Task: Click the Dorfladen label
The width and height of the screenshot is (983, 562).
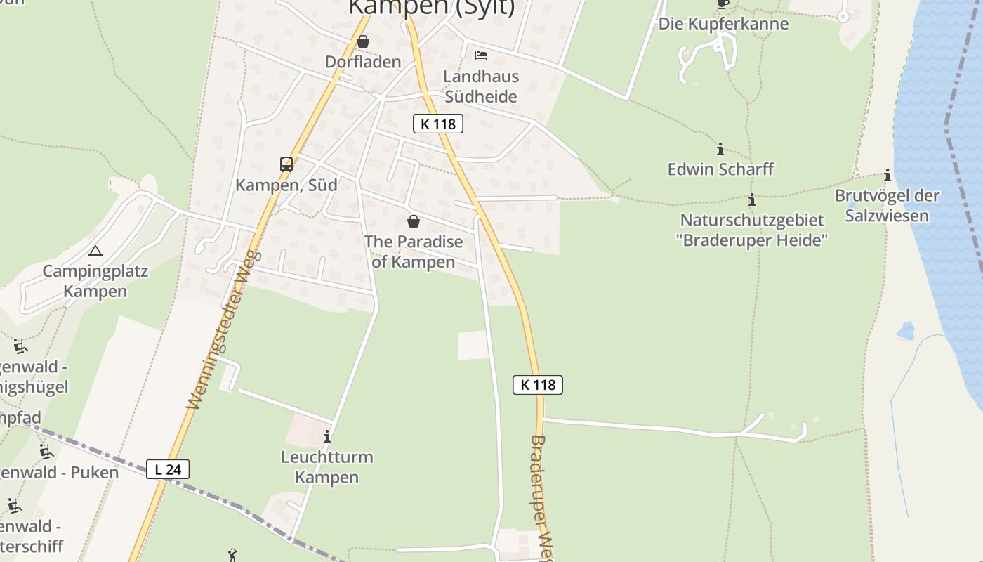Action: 362,62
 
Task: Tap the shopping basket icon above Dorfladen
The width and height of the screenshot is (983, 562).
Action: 363,42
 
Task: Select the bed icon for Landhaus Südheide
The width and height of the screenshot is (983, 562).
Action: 481,55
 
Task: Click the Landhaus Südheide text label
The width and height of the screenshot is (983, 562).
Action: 481,86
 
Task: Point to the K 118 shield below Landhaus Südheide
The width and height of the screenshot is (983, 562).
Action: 438,124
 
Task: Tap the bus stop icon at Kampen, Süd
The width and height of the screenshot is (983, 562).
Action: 286,164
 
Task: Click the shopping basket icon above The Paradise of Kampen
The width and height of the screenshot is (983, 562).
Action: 414,221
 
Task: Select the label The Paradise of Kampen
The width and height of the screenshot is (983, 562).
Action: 414,251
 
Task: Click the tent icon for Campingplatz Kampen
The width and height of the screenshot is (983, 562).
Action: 95,251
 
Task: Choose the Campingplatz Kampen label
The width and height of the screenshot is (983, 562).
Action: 95,281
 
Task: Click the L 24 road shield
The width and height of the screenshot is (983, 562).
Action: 168,469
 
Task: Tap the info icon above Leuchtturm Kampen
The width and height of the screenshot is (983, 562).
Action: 327,437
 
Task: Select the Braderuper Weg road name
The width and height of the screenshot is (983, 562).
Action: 540,495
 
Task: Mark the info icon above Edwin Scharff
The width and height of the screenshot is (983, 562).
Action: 720,149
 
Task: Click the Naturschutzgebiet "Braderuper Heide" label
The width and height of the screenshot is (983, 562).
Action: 752,230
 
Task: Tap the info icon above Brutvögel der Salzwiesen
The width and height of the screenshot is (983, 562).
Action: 888,175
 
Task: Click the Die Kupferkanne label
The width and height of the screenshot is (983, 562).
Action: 723,24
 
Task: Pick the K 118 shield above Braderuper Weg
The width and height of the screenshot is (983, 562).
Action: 538,385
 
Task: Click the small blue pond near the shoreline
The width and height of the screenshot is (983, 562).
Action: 906,331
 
